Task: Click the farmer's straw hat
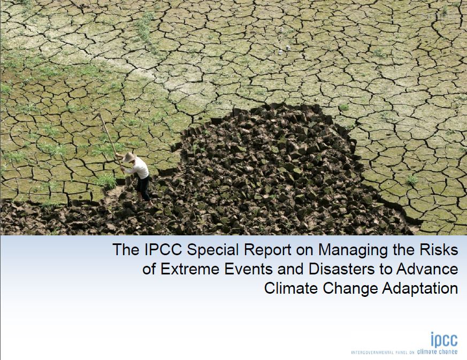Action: pyautogui.click(x=129, y=157)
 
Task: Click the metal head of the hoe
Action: pyautogui.click(x=97, y=116)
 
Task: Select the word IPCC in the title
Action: pyautogui.click(x=163, y=249)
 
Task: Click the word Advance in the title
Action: pyautogui.click(x=427, y=269)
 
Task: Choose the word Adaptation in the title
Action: pyautogui.click(x=420, y=289)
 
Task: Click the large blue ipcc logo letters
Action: pyautogui.click(x=444, y=339)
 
